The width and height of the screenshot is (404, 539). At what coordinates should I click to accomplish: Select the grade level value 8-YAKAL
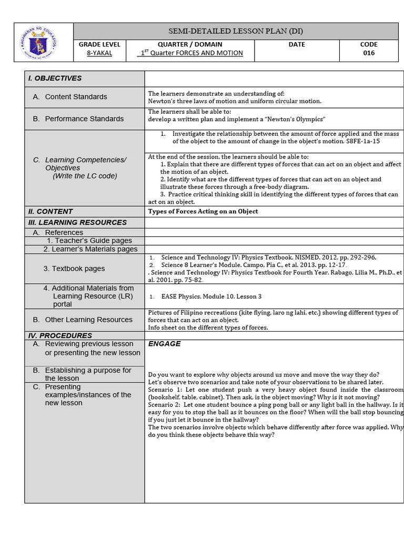(99, 53)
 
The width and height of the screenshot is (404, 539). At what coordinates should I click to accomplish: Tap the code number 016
(369, 53)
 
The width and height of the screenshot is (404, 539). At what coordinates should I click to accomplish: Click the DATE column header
(297, 45)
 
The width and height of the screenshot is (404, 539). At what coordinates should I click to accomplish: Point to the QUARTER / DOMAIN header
(190, 45)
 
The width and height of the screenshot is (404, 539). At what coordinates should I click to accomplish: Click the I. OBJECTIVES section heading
(55, 78)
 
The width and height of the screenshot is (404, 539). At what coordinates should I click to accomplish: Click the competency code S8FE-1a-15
(362, 142)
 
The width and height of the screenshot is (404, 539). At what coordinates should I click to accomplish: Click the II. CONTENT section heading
(50, 212)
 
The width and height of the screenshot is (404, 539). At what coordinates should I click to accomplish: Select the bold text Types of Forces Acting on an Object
(203, 212)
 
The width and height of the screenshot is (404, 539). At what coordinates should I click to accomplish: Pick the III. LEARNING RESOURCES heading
(77, 223)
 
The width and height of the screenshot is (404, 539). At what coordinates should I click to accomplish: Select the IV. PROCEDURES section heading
(60, 336)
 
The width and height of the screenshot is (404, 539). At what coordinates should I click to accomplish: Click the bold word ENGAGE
(164, 344)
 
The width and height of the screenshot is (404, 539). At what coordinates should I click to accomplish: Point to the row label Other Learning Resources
(88, 320)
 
